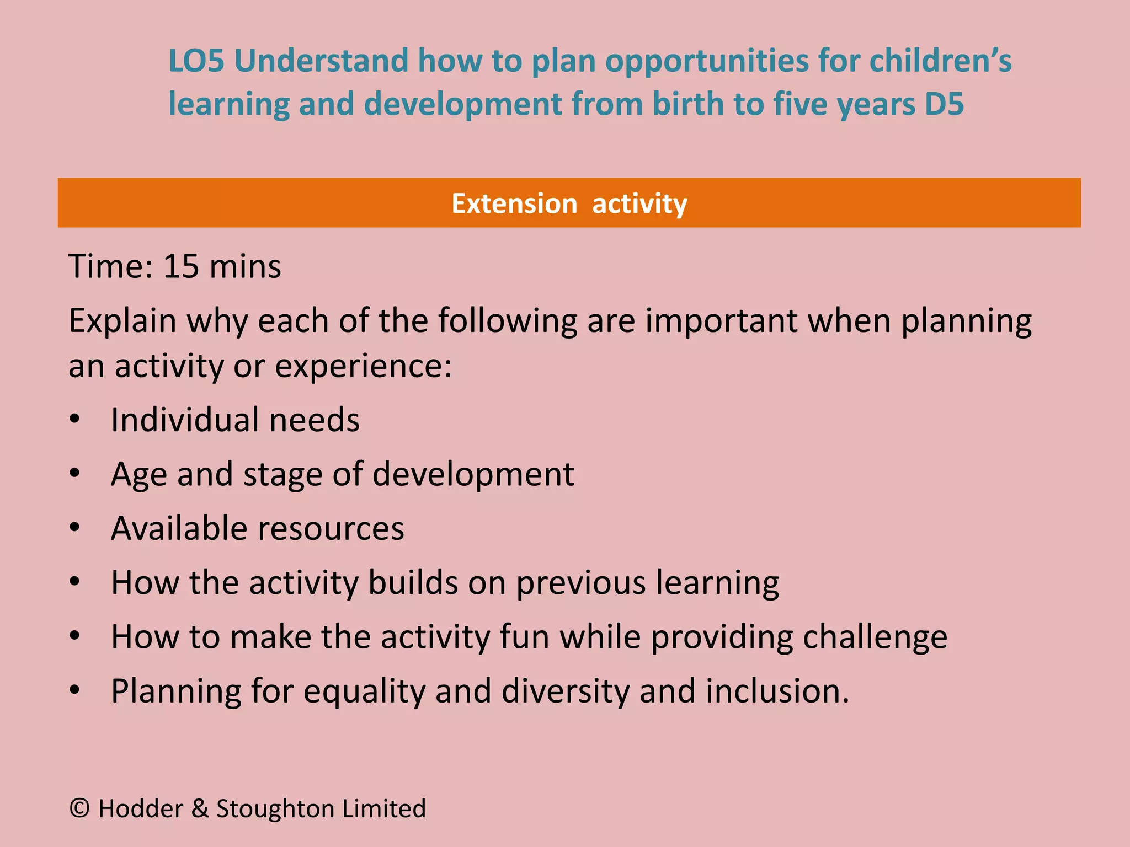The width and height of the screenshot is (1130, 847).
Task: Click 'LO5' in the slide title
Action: [196, 61]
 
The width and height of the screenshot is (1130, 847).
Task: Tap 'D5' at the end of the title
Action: [944, 104]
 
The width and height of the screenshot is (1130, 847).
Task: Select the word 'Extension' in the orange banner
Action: [514, 203]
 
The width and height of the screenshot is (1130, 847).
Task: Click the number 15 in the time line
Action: [181, 266]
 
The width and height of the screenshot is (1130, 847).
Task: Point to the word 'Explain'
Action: [122, 321]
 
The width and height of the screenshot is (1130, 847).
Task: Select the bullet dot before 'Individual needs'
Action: [75, 419]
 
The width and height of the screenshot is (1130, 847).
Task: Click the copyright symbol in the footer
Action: [79, 808]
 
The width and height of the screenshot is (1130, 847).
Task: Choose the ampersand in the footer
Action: [199, 809]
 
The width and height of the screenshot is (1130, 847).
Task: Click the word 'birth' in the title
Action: [687, 104]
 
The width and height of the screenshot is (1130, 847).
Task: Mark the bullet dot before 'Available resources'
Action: [75, 528]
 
